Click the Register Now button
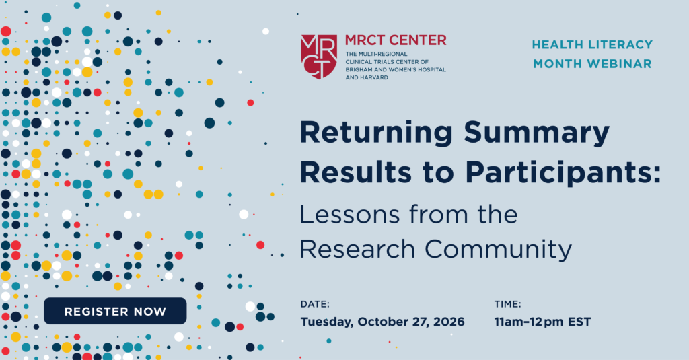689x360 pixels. pos(115,311)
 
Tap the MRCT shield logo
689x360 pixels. pos(319,57)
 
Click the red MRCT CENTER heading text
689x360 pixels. pos(396,40)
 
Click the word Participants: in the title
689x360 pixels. pos(563,173)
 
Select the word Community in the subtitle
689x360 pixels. pos(499,250)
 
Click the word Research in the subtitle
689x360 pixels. pos(357,249)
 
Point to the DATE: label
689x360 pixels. pos(315,304)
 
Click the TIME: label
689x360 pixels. pos(507,304)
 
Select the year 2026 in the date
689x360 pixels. pos(449,322)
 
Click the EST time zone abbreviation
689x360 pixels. pos(579,322)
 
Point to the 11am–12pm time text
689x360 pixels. pos(529,322)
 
